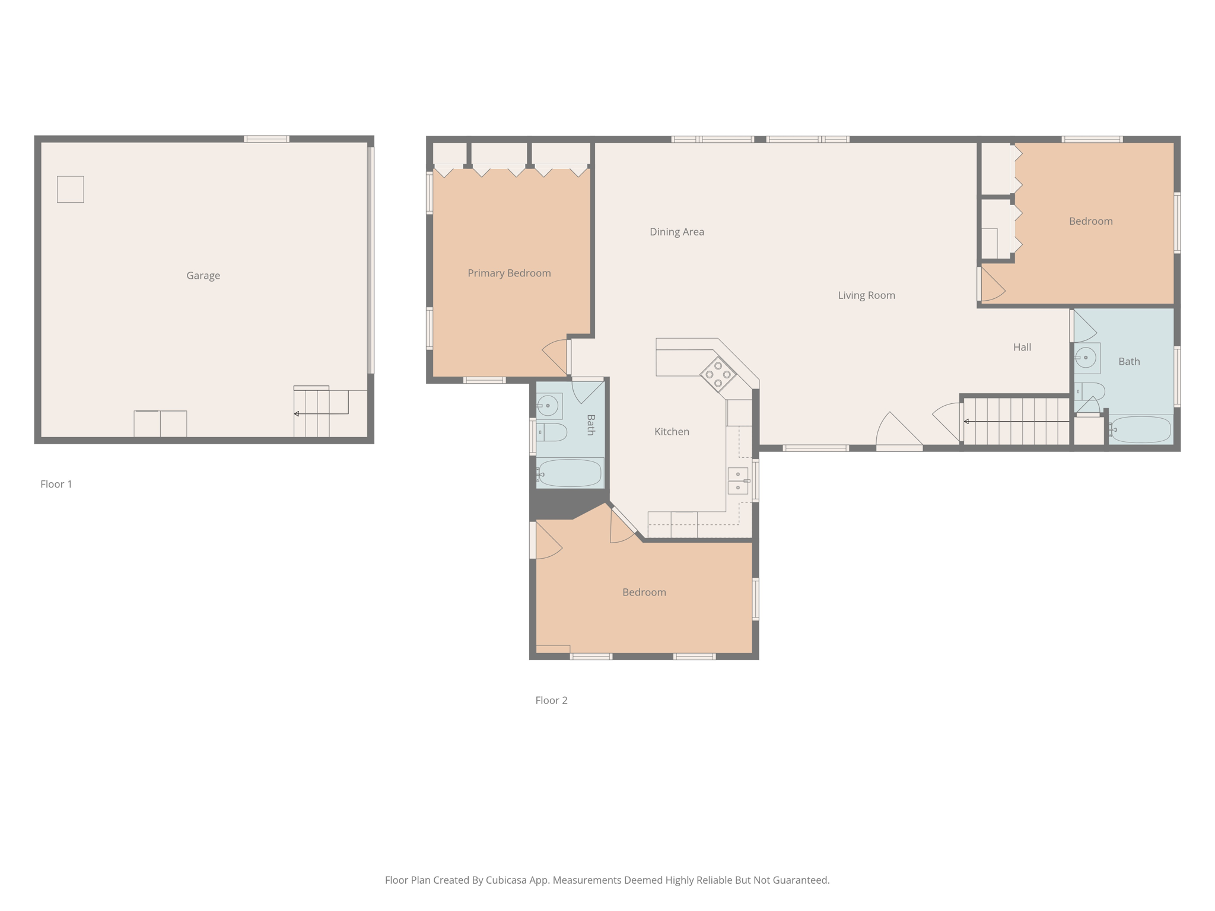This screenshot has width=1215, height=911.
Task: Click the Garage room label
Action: click(203, 275)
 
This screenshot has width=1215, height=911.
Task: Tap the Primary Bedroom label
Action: click(509, 273)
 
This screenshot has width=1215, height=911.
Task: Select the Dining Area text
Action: click(676, 232)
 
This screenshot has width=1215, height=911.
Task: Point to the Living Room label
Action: click(866, 295)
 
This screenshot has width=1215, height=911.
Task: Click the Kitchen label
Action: click(672, 432)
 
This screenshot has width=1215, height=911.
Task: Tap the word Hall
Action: click(1022, 348)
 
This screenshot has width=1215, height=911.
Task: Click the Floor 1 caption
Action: click(56, 484)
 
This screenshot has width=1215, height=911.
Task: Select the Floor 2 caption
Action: click(551, 700)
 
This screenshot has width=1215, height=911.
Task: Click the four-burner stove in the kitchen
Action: click(718, 374)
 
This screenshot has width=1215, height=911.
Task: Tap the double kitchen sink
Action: click(738, 481)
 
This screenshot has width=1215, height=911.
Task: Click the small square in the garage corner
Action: click(70, 189)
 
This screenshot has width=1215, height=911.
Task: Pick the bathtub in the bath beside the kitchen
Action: click(570, 473)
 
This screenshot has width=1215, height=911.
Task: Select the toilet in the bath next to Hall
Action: click(1090, 391)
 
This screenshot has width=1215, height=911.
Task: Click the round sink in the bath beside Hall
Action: click(1086, 358)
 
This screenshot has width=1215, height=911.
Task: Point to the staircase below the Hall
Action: click(1016, 422)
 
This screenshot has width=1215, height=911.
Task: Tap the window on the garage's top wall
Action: click(266, 139)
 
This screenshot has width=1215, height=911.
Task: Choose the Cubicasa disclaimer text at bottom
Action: click(607, 880)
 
